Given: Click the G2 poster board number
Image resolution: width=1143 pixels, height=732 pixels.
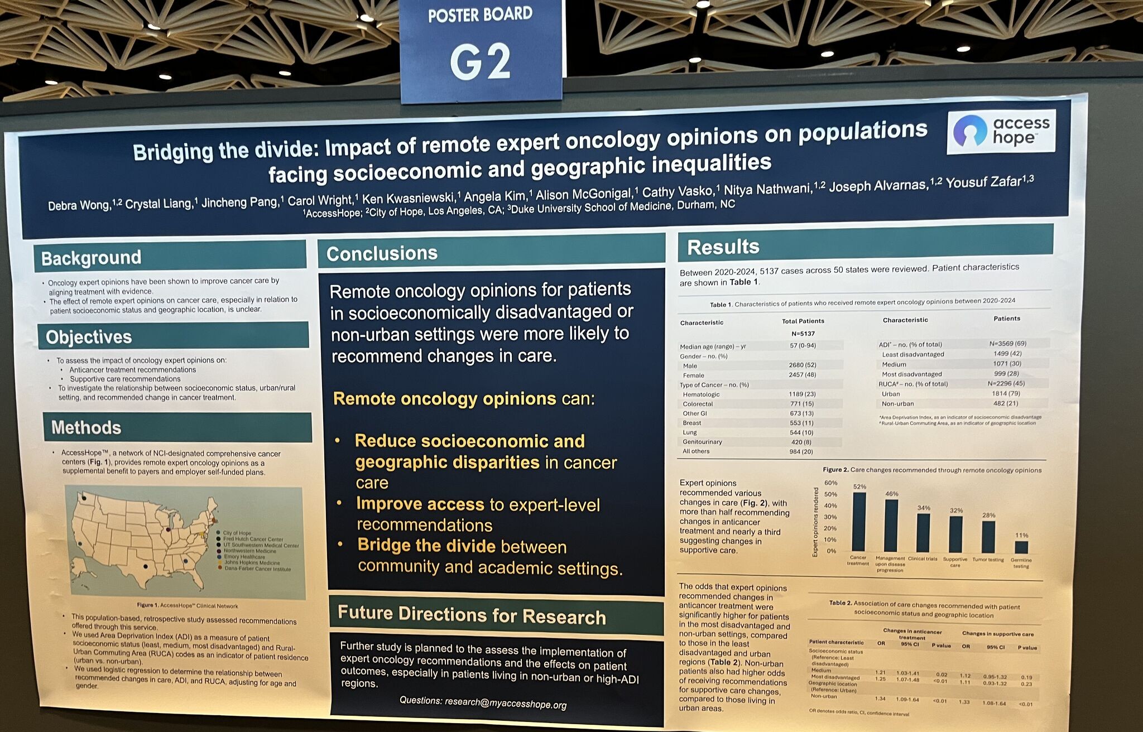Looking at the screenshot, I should pos(480,61).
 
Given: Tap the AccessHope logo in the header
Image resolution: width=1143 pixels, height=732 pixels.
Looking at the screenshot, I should pos(1001,132).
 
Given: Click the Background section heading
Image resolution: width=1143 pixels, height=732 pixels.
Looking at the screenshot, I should pos(92,258).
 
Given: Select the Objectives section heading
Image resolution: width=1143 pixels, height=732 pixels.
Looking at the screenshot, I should pos(89,337).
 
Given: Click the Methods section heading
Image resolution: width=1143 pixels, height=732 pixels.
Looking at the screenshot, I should pos(86,427).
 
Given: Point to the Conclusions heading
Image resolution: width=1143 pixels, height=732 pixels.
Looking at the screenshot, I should pos(382,254).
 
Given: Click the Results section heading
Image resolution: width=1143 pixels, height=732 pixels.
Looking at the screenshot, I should pos(723,247).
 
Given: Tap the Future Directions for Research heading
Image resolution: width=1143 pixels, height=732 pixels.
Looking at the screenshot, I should pos(472,615).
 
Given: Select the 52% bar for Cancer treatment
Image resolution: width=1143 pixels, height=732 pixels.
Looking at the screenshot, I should pos(859,521).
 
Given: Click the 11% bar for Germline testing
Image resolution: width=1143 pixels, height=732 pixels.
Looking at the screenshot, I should pos(1021,546).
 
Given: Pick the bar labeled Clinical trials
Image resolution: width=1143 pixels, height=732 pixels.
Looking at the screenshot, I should pos(923,532).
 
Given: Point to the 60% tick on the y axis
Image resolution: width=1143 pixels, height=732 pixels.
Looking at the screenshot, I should pos(830,483).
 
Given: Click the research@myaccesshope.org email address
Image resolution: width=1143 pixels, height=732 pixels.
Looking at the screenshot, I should pos(505,704).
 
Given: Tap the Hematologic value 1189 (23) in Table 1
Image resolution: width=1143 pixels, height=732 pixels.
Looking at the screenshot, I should pos(803,394).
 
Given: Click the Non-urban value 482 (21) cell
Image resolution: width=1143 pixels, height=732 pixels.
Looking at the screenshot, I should pos(1006,403).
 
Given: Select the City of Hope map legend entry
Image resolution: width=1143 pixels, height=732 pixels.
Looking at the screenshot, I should pos(237,533).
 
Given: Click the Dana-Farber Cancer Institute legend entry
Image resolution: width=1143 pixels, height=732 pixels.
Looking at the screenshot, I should pos(257,569).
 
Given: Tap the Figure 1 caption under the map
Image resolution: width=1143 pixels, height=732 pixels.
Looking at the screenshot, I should pos(188,605).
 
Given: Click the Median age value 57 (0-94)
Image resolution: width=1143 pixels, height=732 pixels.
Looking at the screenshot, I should pos(803,345).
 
